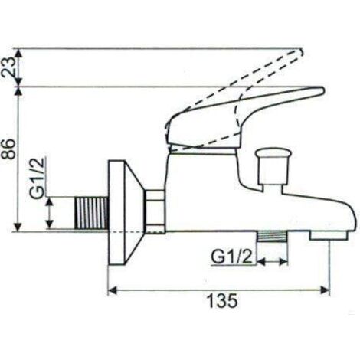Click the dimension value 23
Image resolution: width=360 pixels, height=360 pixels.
point(8,67)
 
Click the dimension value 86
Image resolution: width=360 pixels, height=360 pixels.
point(8,149)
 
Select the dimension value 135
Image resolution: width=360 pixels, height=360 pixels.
point(222,301)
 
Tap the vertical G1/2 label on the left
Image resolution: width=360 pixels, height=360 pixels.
point(38,178)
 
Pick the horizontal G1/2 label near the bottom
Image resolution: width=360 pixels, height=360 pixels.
point(231,257)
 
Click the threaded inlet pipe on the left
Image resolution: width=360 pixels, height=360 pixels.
point(91,213)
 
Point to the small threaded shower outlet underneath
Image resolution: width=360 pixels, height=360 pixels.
point(272,236)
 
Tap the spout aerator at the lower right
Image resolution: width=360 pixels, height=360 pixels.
point(329,236)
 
